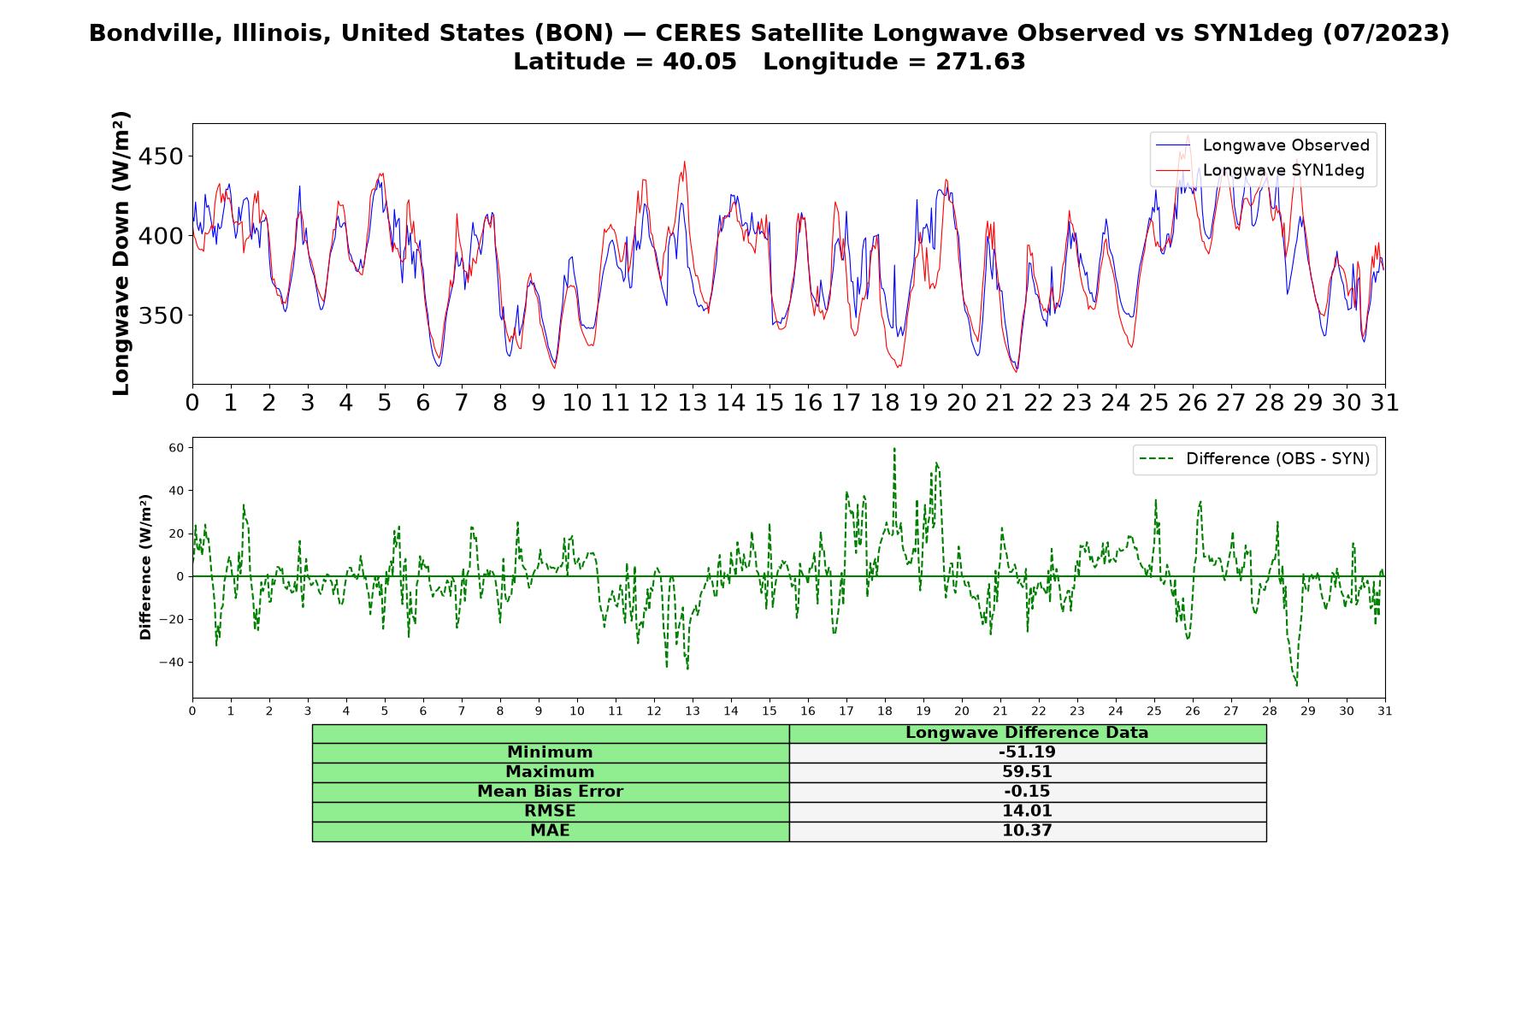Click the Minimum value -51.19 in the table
tap(1027, 752)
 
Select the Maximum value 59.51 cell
tap(1027, 772)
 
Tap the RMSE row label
tap(550, 811)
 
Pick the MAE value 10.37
tap(1027, 831)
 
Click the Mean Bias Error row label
tap(550, 792)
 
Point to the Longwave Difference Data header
tap(1027, 733)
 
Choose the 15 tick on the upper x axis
tap(769, 403)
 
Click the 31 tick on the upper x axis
tap(1385, 403)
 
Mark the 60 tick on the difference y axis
tap(177, 447)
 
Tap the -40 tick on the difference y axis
tap(173, 662)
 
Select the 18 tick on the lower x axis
tap(885, 711)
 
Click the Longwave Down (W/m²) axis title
tap(121, 253)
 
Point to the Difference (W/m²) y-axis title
tap(145, 567)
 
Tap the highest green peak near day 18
tap(894, 448)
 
